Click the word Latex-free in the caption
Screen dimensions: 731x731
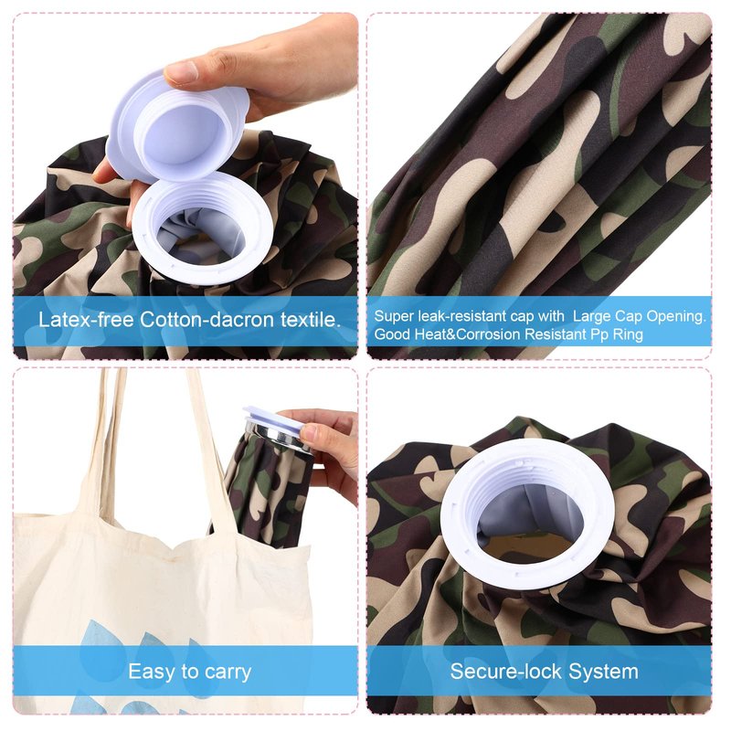pyautogui.click(x=86, y=320)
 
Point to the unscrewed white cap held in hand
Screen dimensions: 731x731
pyautogui.click(x=177, y=126)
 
